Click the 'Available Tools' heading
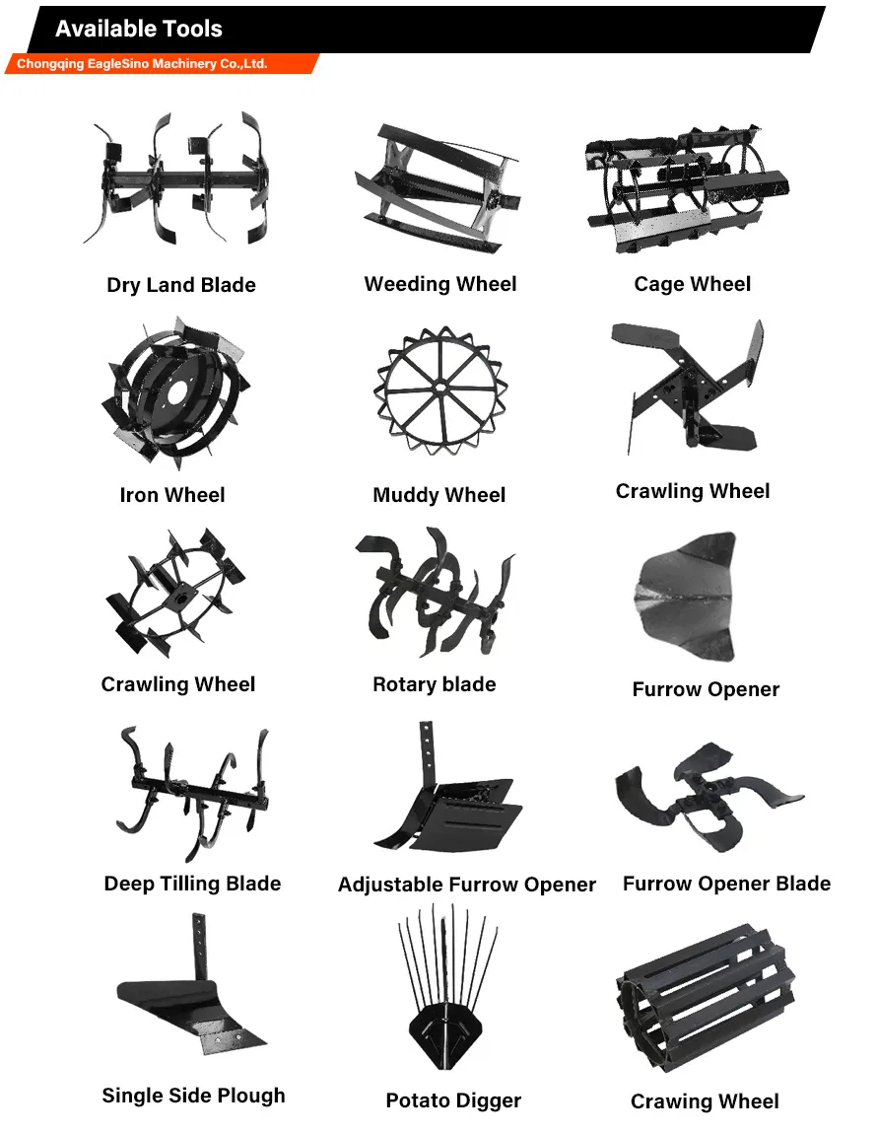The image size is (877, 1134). (x=139, y=29)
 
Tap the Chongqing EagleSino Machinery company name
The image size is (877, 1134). (x=142, y=64)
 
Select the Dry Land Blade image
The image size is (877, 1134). (x=175, y=177)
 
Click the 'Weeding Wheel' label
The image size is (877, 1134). (x=440, y=284)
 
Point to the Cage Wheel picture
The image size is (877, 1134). (x=687, y=188)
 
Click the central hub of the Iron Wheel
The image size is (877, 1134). (x=175, y=394)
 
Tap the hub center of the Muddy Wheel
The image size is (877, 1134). (x=440, y=388)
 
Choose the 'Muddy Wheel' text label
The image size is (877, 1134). (x=438, y=495)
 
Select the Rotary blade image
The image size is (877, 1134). (x=436, y=591)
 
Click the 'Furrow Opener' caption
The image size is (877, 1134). (x=706, y=689)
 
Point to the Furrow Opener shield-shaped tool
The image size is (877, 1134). (x=686, y=597)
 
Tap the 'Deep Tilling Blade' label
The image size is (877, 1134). (x=192, y=884)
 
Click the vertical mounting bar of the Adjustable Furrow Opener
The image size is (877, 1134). (x=428, y=752)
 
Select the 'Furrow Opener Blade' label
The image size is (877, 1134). (x=726, y=884)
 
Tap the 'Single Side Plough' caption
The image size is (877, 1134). (x=194, y=1096)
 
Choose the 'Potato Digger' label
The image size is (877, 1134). (x=453, y=1100)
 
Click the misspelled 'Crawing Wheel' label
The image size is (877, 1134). (x=705, y=1101)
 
